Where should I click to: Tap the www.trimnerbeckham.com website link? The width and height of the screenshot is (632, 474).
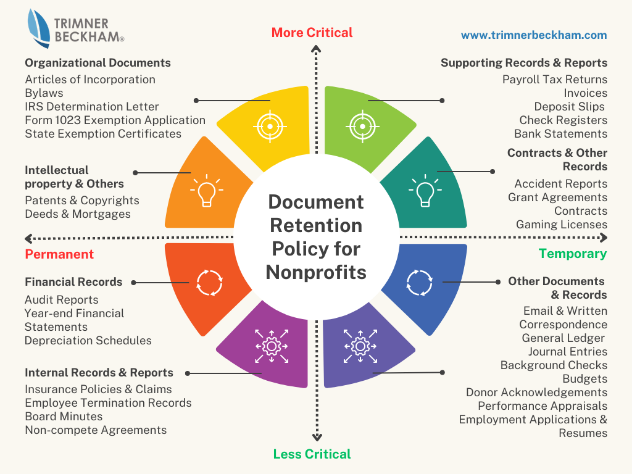(x=534, y=35)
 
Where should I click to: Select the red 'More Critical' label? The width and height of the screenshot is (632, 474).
(x=312, y=33)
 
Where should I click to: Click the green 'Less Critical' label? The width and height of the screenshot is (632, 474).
(x=312, y=454)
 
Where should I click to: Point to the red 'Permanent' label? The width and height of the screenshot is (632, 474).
(x=59, y=254)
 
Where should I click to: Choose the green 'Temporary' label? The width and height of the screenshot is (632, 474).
(x=573, y=254)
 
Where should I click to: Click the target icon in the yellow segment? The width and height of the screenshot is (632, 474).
(x=270, y=126)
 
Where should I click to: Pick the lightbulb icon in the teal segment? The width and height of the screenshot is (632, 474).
(x=424, y=191)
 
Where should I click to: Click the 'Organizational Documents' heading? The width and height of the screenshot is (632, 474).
(x=98, y=63)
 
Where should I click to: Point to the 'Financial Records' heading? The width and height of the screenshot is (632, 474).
(x=73, y=282)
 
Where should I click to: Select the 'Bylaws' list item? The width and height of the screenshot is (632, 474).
(x=44, y=93)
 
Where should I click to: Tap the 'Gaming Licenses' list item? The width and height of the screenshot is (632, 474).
(x=562, y=225)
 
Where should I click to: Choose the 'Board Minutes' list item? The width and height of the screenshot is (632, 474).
(x=64, y=417)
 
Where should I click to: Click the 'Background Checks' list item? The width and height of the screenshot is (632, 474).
(x=554, y=365)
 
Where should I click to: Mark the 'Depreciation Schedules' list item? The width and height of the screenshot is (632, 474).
(x=88, y=341)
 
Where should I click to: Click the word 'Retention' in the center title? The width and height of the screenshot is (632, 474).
(x=316, y=225)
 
